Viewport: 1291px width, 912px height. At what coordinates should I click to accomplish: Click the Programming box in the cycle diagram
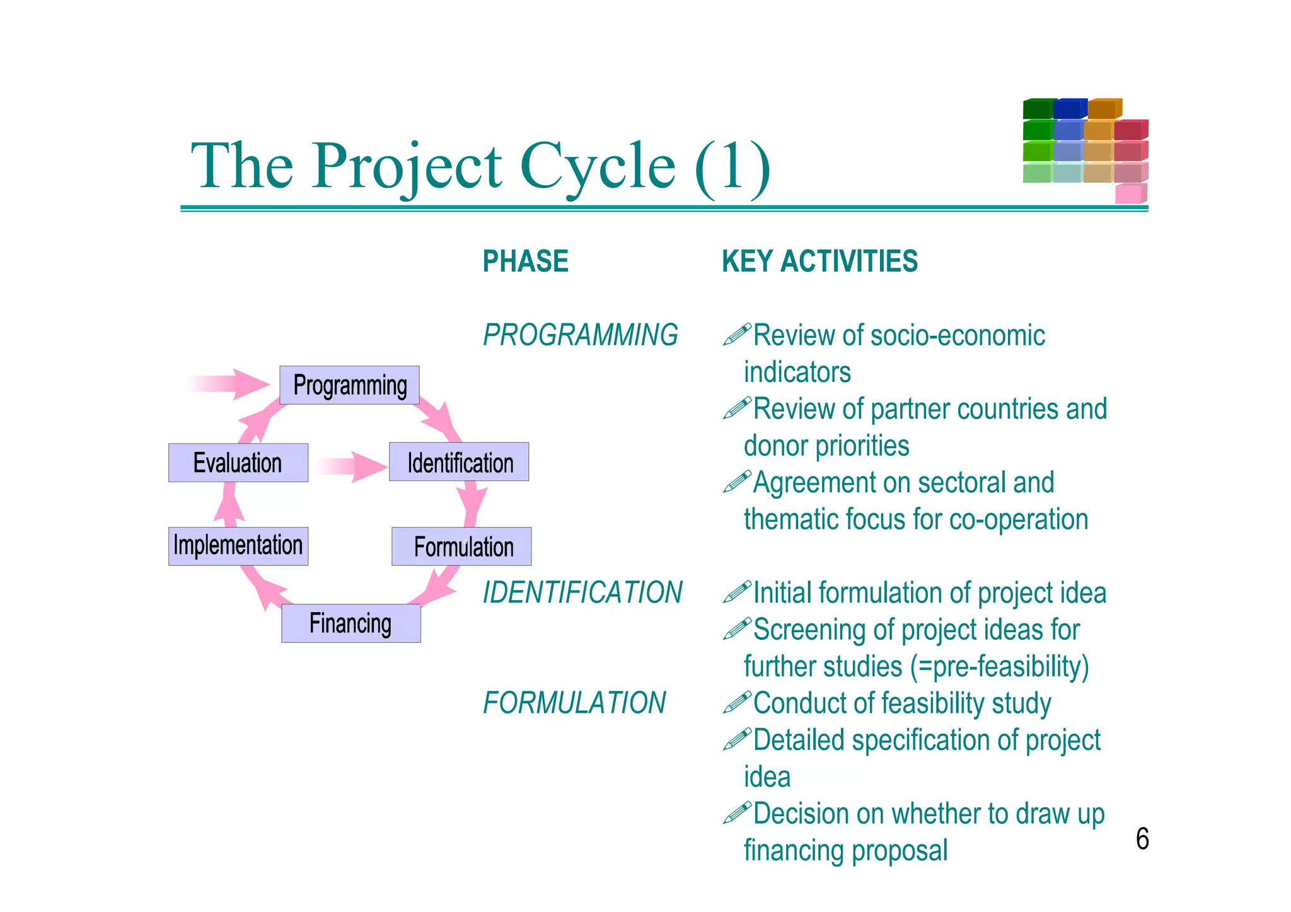[x=349, y=385]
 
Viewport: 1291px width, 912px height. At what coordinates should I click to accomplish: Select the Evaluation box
[x=238, y=463]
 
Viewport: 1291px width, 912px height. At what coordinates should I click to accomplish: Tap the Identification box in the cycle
[x=459, y=462]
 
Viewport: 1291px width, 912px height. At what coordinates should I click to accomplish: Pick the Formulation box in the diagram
[x=461, y=546]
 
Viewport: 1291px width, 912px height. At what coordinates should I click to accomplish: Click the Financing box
[x=350, y=623]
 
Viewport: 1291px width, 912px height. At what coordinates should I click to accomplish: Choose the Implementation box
[x=238, y=546]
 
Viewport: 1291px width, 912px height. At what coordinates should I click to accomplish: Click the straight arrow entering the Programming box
[x=230, y=384]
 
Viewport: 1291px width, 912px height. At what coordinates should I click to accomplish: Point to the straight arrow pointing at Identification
[x=352, y=466]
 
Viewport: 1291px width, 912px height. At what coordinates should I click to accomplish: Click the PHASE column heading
[x=525, y=262]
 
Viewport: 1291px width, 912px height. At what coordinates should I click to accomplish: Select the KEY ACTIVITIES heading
[x=819, y=262]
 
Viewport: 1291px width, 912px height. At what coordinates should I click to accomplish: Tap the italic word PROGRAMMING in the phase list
[x=580, y=335]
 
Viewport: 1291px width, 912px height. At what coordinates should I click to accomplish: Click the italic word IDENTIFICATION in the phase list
[x=582, y=592]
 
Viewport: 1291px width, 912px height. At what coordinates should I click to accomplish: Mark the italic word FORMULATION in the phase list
[x=574, y=703]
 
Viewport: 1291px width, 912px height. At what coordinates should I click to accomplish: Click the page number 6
[x=1142, y=839]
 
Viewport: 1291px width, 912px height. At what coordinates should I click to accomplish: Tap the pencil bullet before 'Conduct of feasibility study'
[x=736, y=702]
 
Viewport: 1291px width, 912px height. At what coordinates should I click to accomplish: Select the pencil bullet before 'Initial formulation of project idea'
[x=736, y=592]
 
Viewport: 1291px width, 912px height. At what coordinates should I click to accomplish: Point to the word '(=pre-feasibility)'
[x=1000, y=666]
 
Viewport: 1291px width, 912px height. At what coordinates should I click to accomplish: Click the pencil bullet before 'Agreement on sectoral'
[x=736, y=482]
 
